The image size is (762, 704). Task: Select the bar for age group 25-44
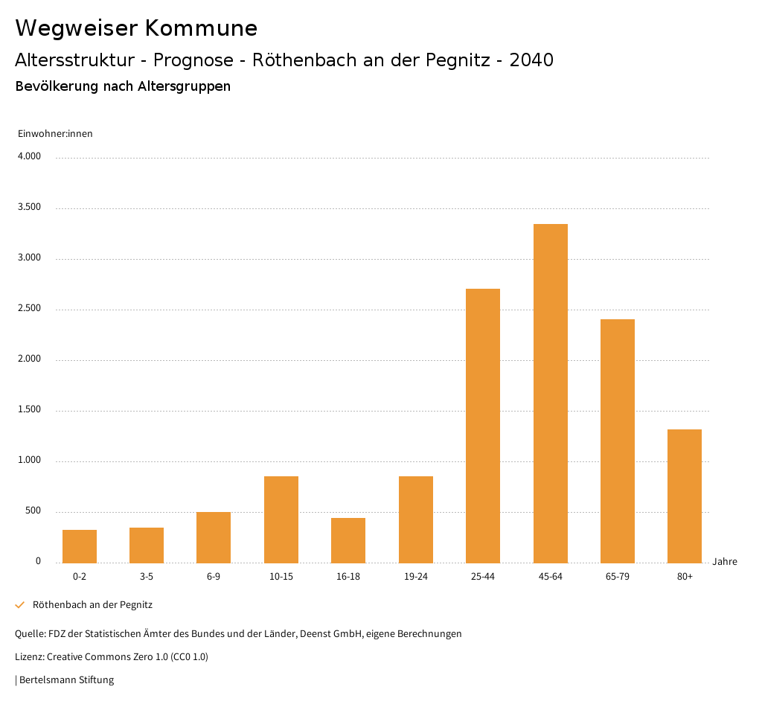483,426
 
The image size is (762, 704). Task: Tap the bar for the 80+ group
685,496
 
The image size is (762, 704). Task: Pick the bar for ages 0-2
80,546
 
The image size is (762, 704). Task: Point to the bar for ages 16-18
348,540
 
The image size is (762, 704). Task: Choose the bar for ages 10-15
281,519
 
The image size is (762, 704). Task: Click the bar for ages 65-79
618,441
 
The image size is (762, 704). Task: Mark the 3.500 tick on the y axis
29,207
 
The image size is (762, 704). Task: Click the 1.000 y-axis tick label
29,460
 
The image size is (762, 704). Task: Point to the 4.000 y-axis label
29,156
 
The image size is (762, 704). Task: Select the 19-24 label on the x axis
415,577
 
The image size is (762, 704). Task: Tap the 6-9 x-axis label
214,577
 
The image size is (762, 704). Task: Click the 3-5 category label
147,577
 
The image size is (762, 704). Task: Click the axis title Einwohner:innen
55,134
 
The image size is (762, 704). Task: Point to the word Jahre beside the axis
724,562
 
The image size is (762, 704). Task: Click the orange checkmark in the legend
20,605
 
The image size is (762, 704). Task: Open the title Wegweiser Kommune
136,28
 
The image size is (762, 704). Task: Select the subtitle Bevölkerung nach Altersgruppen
123,86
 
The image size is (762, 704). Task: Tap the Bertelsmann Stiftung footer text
65,679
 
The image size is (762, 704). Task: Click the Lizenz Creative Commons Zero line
112,657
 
